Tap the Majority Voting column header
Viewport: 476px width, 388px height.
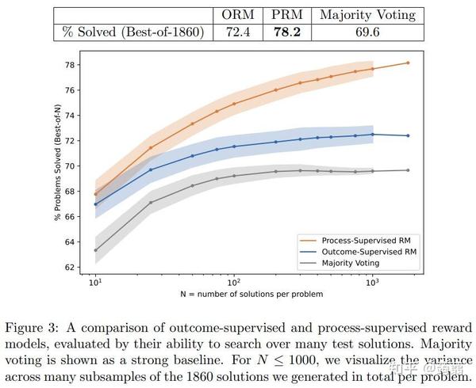click(x=367, y=14)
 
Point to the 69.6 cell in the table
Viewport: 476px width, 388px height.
click(x=367, y=32)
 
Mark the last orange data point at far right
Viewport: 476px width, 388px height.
click(x=408, y=63)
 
